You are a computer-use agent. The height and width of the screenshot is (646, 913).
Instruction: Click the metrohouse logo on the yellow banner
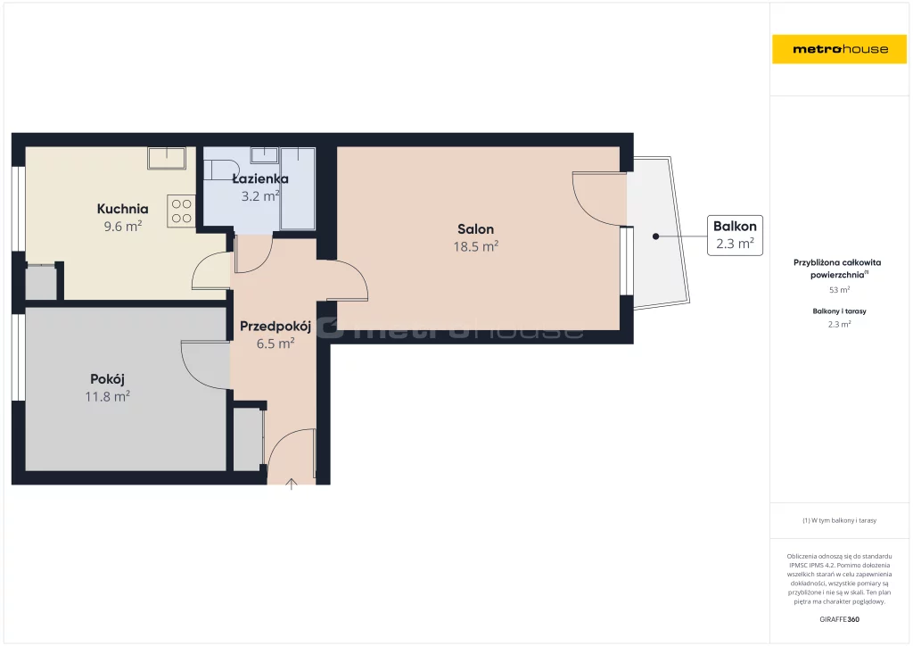pos(840,49)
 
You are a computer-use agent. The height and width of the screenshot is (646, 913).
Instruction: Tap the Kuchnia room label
pos(122,209)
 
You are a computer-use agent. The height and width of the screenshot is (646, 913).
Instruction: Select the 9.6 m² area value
pos(123,226)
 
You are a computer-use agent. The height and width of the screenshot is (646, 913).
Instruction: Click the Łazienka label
pos(260,178)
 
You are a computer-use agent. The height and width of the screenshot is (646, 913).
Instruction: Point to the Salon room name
pos(476,229)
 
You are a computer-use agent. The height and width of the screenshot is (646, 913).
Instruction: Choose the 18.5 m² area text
pos(476,246)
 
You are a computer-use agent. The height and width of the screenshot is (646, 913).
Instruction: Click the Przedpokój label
pos(276,327)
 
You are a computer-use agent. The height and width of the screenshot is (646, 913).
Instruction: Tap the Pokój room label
pos(107,379)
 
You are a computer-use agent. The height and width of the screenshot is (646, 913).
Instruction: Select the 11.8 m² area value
pos(107,397)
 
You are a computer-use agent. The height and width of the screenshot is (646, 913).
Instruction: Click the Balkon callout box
pos(735,236)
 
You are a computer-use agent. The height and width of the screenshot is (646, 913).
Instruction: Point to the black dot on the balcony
pos(655,236)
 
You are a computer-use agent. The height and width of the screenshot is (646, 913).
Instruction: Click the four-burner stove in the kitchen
pos(181,211)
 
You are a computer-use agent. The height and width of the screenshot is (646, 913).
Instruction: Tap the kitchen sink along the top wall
pos(167,158)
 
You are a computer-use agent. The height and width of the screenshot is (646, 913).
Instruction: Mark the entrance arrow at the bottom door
pos(292,484)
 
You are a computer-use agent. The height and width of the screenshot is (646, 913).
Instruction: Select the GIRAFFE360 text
pos(839,619)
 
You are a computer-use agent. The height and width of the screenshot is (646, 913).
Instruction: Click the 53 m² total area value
pos(839,289)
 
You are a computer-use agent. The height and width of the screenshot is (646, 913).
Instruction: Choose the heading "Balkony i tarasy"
pos(839,311)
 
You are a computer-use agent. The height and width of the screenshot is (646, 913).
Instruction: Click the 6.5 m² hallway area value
pos(276,344)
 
